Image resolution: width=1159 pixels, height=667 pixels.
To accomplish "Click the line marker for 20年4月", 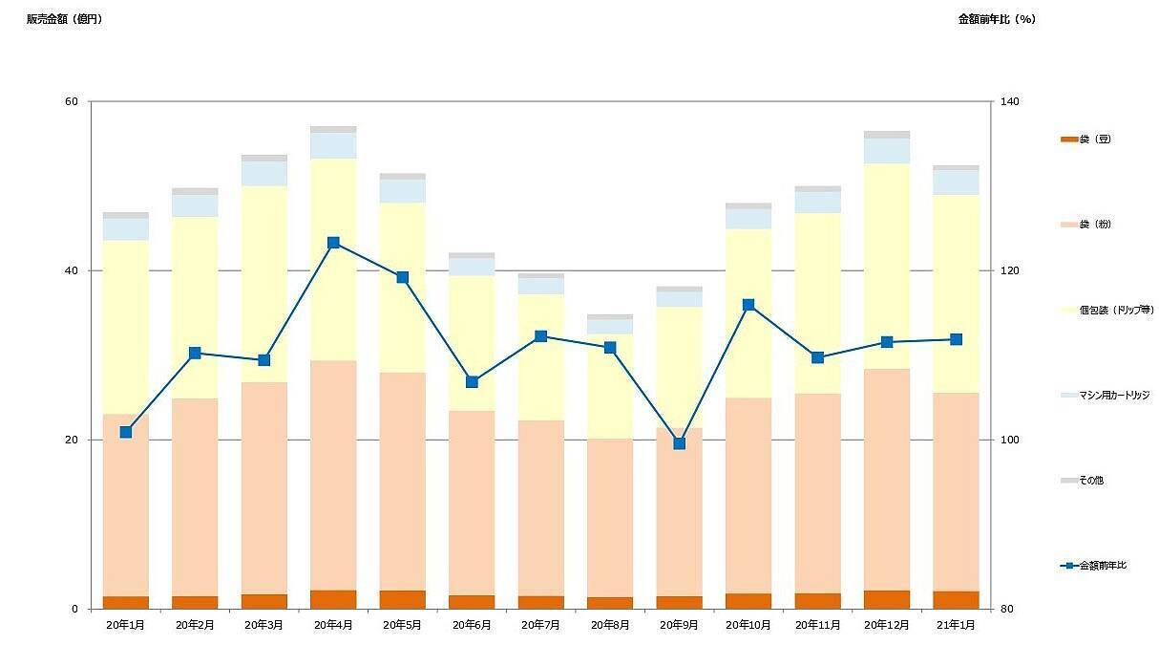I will coord(333,243).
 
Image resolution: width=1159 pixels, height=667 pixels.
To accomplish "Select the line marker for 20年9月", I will coord(679,443).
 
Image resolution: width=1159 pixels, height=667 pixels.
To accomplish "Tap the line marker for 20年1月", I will coord(126,432).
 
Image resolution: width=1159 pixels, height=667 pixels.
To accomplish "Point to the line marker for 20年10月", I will coord(748,305).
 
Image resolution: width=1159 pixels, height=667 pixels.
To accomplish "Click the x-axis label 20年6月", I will coord(472,625).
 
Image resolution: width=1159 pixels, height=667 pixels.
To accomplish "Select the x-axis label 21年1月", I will coord(956,625).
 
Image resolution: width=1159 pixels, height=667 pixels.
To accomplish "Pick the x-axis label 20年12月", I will coord(887,625).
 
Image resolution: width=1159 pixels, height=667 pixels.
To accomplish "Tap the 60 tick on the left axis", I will coord(73,101).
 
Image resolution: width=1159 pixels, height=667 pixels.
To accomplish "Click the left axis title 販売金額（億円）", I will coord(64,19).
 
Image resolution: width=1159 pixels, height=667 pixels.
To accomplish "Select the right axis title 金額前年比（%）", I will coord(997,19).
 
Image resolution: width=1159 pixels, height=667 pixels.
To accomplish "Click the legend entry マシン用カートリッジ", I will coord(1113,395).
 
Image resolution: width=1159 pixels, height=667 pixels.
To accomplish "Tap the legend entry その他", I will coord(1091,480).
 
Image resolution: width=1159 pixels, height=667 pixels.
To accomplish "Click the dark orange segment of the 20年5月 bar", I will coord(403,599).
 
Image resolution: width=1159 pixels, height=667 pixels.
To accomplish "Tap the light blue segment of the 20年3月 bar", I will coord(264,173).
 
